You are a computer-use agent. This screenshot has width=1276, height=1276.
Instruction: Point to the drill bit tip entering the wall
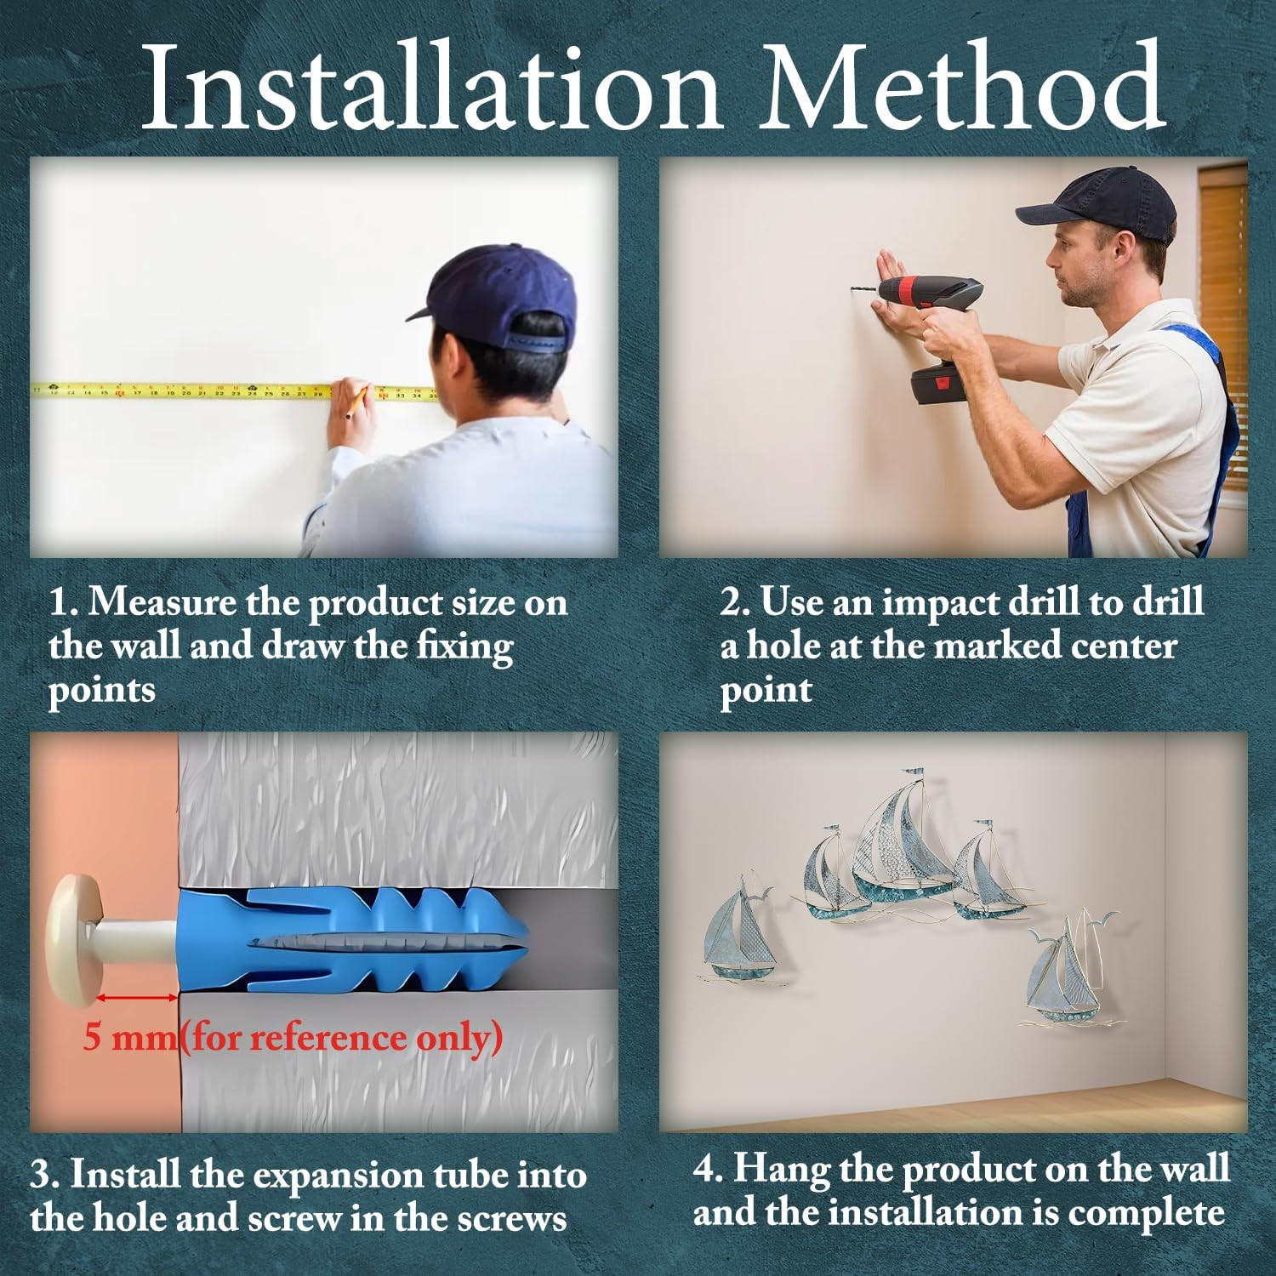click(x=852, y=291)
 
